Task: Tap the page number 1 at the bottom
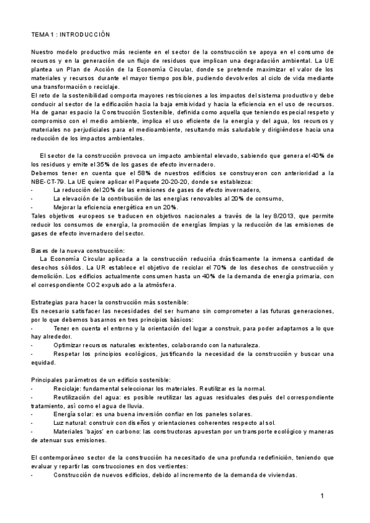(323, 496)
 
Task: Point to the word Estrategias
(49, 302)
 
